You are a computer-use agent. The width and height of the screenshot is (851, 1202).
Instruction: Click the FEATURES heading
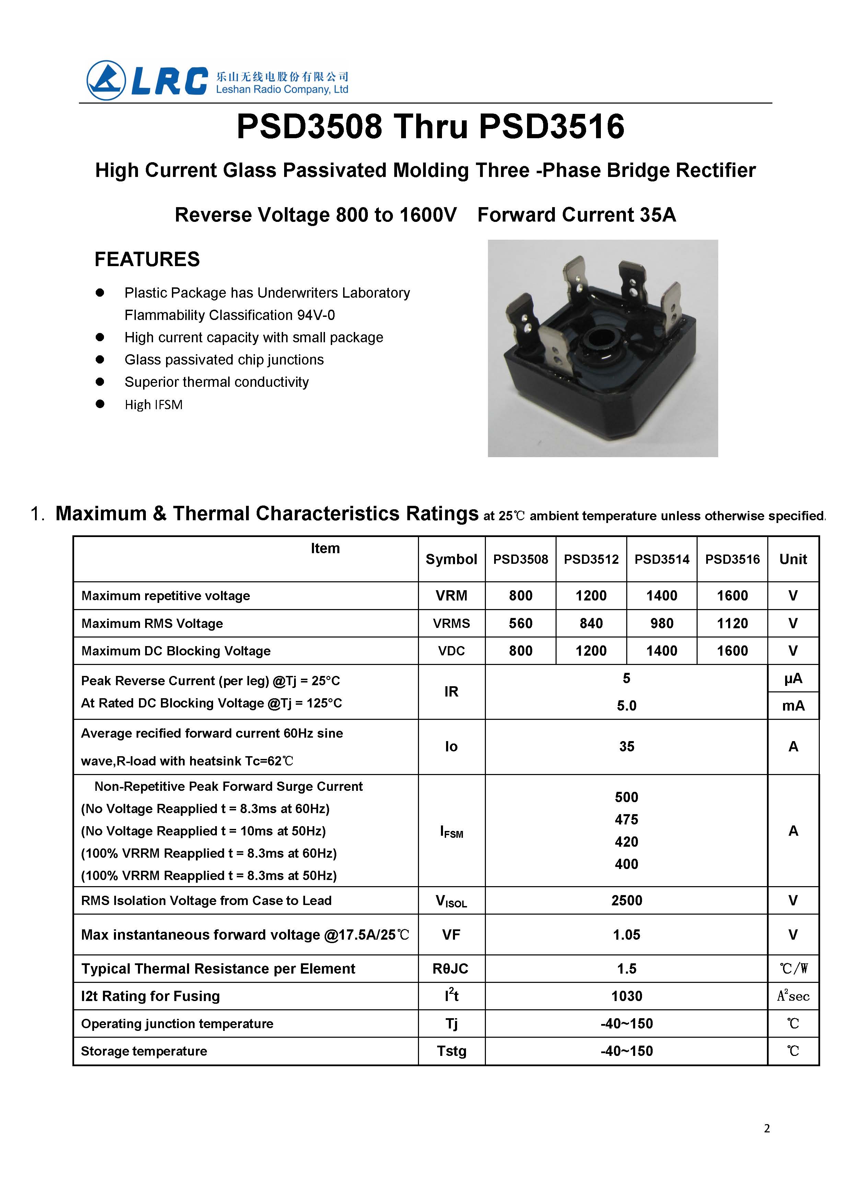(147, 259)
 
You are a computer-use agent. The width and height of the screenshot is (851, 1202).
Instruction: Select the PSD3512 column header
(591, 559)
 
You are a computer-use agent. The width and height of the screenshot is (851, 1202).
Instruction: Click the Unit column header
(793, 559)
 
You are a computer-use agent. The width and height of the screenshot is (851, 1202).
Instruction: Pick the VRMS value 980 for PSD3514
(662, 623)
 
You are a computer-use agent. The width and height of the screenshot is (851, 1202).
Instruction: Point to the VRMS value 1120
(732, 623)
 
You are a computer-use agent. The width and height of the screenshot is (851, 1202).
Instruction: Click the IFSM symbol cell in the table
(451, 832)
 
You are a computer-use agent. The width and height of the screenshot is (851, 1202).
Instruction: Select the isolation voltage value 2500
(626, 900)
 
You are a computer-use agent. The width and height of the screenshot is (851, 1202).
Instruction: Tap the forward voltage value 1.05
(626, 935)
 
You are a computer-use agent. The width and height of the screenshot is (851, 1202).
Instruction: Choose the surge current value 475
(626, 819)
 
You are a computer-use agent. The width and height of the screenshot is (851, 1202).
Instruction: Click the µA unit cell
(793, 679)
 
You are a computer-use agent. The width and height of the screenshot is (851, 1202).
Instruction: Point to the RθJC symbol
(450, 968)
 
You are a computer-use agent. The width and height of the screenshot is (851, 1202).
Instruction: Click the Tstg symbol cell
(451, 1051)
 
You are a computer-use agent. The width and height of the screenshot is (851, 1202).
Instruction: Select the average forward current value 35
(626, 746)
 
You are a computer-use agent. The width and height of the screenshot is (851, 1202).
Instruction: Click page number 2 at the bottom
(767, 1128)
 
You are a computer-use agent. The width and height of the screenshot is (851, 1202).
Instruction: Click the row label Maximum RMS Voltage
(152, 623)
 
